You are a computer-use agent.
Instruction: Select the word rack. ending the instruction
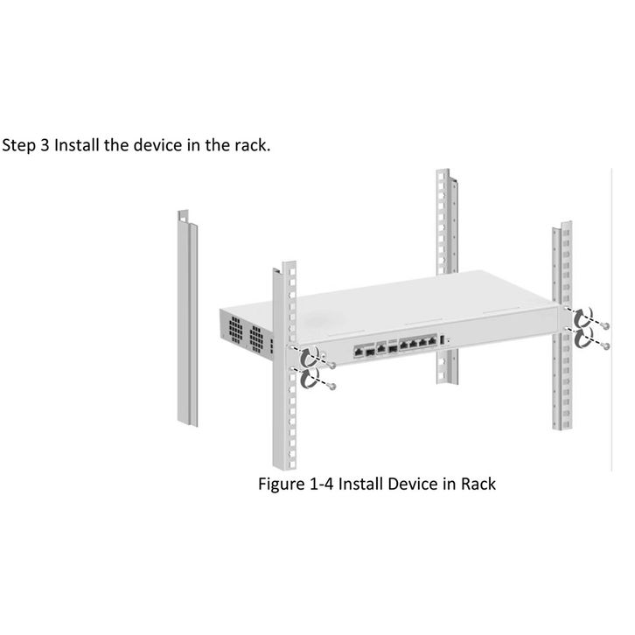250,143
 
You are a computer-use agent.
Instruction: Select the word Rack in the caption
477,483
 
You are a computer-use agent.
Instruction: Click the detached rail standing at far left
189,324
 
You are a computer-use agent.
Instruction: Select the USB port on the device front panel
443,340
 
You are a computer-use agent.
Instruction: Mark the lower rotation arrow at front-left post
309,379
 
